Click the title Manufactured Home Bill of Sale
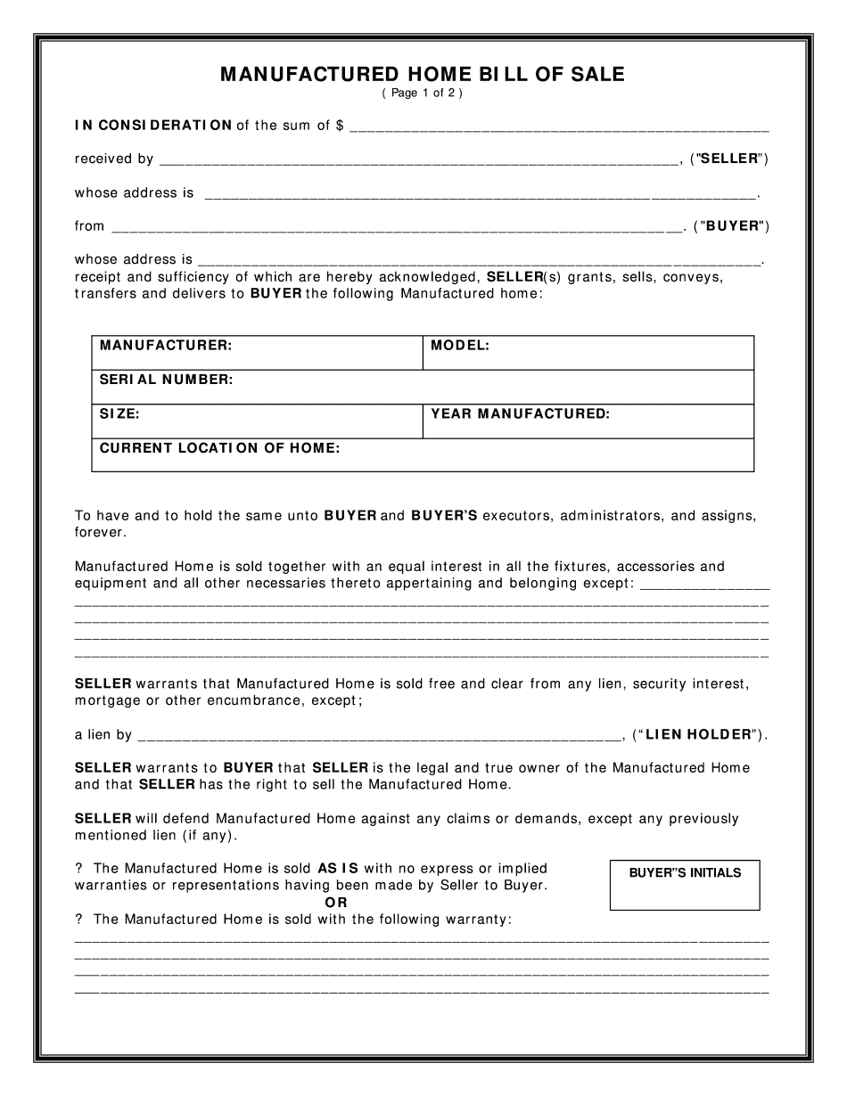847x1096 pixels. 423,75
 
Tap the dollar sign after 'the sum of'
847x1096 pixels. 340,126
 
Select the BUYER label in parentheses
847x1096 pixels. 730,226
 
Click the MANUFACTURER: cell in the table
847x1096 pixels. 257,353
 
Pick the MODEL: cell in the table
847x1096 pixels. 588,353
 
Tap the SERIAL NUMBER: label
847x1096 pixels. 166,380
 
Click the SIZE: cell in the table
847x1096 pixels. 257,421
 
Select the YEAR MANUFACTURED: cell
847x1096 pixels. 588,421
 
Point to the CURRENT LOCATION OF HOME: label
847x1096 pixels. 219,448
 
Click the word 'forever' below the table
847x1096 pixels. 100,533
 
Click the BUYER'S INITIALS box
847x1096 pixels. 685,885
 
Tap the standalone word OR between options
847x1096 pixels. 337,902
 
